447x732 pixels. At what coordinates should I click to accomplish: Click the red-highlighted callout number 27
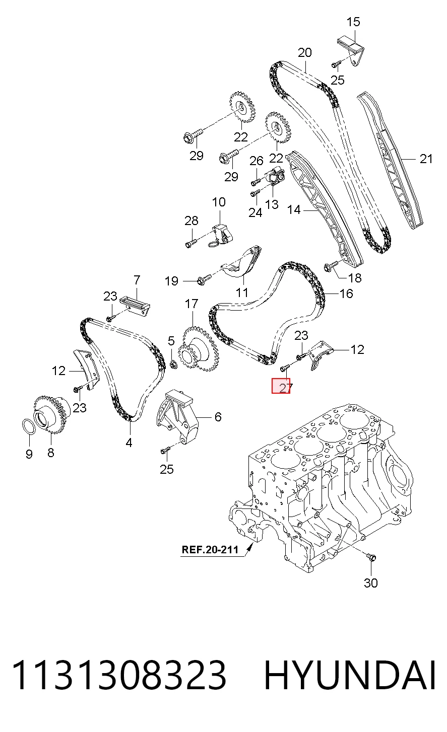[281, 386]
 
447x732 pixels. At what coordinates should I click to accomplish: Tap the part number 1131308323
[119, 675]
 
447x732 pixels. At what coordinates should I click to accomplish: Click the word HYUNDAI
[350, 675]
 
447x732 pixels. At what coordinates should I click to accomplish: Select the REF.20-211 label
[210, 549]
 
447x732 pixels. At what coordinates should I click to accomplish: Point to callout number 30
[371, 583]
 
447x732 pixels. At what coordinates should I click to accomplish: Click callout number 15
[353, 22]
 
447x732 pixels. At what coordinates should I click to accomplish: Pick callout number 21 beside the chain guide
[426, 159]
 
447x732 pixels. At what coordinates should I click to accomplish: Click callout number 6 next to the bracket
[218, 417]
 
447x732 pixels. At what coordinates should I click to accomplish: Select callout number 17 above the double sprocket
[191, 304]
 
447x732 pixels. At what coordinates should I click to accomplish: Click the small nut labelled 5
[174, 364]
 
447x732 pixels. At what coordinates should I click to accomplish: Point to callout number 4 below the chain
[129, 443]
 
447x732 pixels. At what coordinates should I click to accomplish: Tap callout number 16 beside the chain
[346, 294]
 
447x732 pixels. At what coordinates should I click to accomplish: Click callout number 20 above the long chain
[305, 52]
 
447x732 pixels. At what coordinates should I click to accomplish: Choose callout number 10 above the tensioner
[219, 202]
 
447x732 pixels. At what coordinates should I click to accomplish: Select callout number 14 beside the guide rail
[293, 209]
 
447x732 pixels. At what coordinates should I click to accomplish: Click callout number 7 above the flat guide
[137, 280]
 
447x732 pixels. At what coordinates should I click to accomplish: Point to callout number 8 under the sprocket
[51, 453]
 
